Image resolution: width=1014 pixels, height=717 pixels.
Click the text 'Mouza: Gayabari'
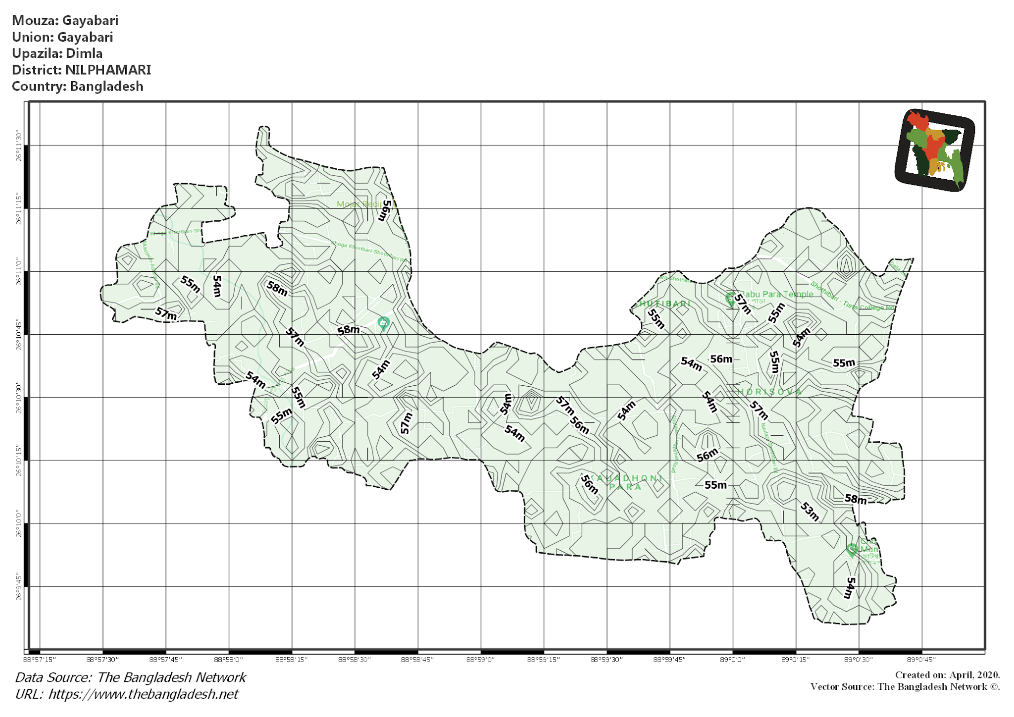pyautogui.click(x=65, y=20)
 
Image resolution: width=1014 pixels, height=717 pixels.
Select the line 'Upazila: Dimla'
pyautogui.click(x=57, y=53)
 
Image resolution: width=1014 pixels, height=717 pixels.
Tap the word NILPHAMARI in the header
pyautogui.click(x=108, y=70)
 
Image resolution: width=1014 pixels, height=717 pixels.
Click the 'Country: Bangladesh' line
pyautogui.click(x=77, y=86)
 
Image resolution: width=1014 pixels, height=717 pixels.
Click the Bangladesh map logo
pyautogui.click(x=934, y=150)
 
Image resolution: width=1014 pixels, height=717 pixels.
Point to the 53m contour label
pyautogui.click(x=810, y=511)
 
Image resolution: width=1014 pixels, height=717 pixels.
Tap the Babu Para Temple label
pyautogui.click(x=776, y=294)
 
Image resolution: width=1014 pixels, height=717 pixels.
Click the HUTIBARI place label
pyautogui.click(x=664, y=304)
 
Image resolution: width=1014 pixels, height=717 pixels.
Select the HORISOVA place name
pyautogui.click(x=769, y=392)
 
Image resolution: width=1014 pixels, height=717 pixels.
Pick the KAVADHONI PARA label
pyautogui.click(x=627, y=482)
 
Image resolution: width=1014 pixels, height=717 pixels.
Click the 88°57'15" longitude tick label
pyautogui.click(x=40, y=660)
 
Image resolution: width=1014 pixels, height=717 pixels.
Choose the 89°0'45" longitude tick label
pyautogui.click(x=921, y=660)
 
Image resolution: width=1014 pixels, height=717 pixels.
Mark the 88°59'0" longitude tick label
pyautogui.click(x=480, y=660)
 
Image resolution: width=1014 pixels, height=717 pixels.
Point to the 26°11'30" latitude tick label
pyautogui.click(x=19, y=146)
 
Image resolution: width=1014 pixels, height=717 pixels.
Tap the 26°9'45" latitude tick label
pyautogui.click(x=19, y=587)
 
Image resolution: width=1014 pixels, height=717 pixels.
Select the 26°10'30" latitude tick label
pyautogui.click(x=19, y=398)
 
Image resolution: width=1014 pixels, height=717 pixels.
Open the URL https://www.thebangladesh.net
pyautogui.click(x=143, y=694)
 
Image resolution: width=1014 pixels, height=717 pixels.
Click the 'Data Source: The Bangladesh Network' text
pyautogui.click(x=130, y=677)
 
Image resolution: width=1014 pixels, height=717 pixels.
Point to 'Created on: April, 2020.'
pyautogui.click(x=947, y=675)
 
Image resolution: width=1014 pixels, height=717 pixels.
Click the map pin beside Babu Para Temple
pyautogui.click(x=730, y=298)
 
